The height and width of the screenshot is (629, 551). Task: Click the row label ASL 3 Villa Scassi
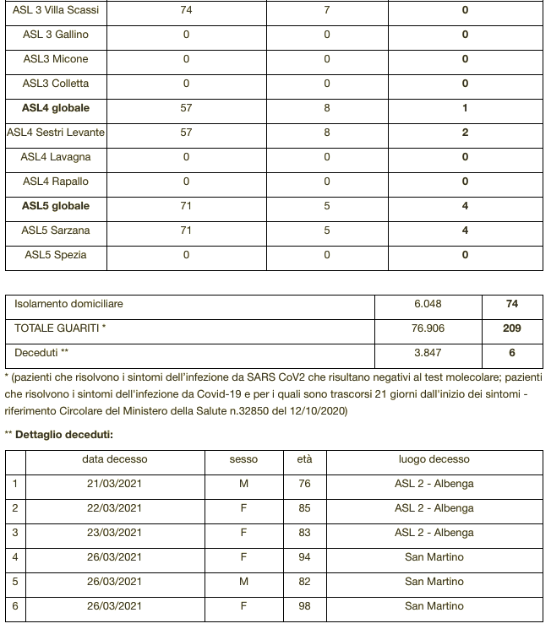(56, 10)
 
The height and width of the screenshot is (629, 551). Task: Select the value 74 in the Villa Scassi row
(186, 10)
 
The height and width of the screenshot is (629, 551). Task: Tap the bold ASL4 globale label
(56, 108)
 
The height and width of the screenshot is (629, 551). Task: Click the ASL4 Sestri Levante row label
(56, 133)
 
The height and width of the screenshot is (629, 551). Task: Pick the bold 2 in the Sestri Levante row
(465, 133)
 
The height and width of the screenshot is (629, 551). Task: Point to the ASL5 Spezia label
(56, 255)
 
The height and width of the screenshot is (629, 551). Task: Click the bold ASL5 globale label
(56, 206)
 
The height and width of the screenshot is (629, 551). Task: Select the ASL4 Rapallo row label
(56, 182)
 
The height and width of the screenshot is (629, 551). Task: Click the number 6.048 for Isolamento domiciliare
(428, 304)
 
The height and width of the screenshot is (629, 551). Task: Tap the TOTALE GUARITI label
(60, 328)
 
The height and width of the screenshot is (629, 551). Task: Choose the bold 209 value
(512, 328)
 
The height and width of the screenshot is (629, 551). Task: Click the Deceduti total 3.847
(428, 353)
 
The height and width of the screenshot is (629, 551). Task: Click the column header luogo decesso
(434, 459)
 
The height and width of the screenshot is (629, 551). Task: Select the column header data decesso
(114, 459)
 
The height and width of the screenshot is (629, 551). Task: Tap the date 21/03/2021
(114, 484)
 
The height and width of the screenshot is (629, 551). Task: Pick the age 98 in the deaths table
(304, 606)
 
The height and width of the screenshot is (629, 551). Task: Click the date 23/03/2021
(114, 533)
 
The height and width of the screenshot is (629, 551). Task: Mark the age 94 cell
(304, 557)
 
